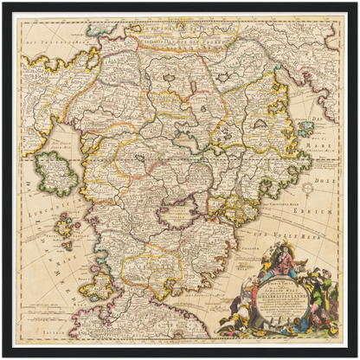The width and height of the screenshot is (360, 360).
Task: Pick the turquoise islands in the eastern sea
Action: coord(305,128)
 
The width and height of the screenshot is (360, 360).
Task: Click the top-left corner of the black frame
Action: coord(3,3)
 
